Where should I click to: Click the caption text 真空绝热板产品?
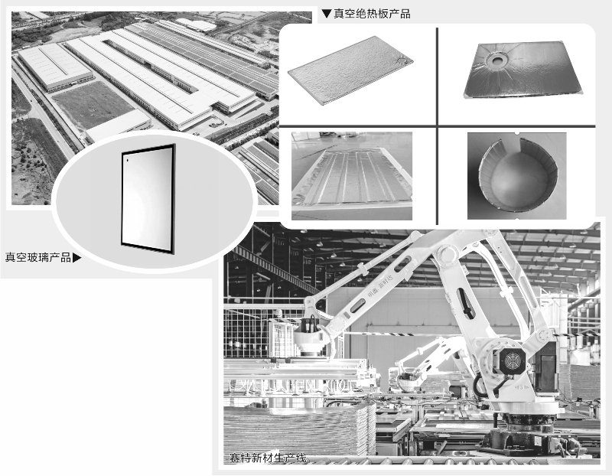tap(372, 14)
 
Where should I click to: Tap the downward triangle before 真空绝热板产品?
tap(327, 14)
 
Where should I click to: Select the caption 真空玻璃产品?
tap(37, 257)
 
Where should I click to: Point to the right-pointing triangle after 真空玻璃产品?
tap(77, 258)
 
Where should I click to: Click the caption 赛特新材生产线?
tap(268, 458)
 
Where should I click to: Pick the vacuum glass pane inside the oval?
tap(148, 199)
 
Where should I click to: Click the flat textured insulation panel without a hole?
tap(350, 70)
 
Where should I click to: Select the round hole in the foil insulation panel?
tap(498, 60)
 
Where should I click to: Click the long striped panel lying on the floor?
tap(352, 176)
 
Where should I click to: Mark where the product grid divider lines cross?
tap(437, 126)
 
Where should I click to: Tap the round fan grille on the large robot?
tap(512, 359)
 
